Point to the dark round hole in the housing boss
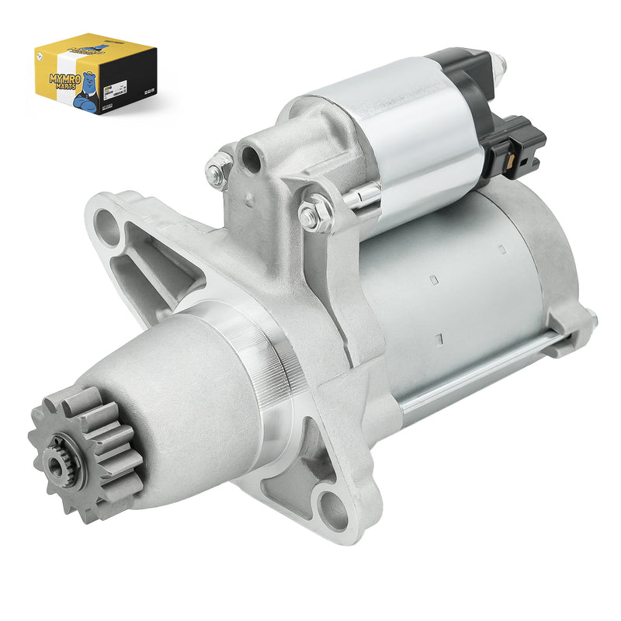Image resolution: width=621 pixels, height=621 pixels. pos(250,159)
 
